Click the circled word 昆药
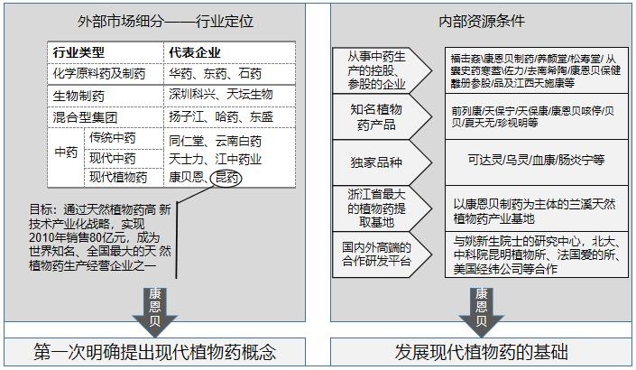pos(226,178)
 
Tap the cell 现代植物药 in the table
pos(118,178)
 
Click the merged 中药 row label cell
pos(66,153)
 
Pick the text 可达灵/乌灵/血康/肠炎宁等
pos(536,159)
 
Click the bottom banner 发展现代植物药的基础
pos(481,352)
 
